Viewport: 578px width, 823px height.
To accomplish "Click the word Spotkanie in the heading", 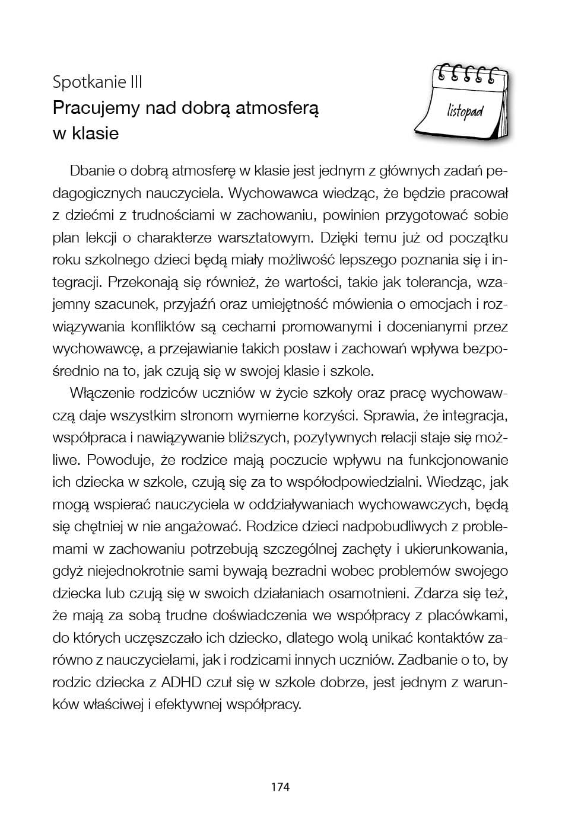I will [88, 82].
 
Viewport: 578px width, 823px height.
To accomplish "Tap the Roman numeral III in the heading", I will [136, 82].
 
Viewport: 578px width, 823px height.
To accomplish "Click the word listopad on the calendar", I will [465, 111].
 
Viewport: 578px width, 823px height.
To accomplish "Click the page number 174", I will [280, 787].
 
